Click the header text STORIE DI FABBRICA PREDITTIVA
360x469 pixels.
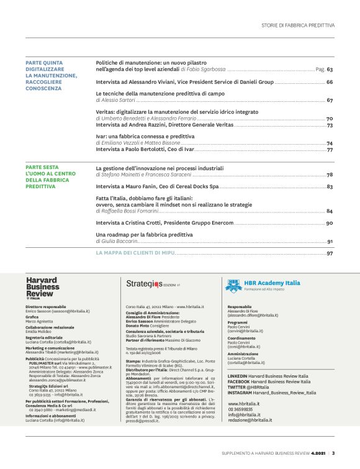point(298,25)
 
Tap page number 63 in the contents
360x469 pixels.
point(330,70)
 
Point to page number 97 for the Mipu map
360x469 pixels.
point(330,253)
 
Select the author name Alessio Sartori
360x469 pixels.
point(119,99)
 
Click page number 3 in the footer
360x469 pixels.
point(333,453)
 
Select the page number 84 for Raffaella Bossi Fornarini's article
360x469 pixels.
point(330,211)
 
